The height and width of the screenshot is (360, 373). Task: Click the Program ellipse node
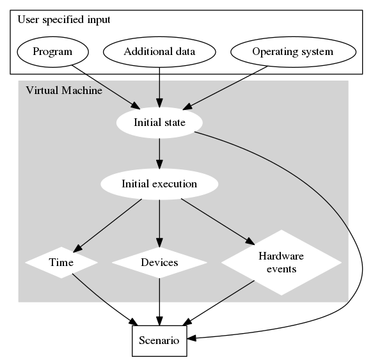click(x=52, y=52)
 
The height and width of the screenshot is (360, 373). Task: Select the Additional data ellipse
click(x=159, y=52)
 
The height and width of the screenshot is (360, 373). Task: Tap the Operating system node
click(x=292, y=52)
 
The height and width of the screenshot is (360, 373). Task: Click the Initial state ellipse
click(x=159, y=123)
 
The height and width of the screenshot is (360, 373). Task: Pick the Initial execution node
click(x=159, y=184)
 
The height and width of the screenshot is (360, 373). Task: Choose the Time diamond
click(x=61, y=262)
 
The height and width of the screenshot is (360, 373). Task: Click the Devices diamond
click(x=159, y=262)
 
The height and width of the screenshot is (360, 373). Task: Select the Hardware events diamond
click(x=281, y=262)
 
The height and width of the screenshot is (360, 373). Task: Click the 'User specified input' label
click(x=63, y=19)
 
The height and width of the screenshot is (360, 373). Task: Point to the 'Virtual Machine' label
click(x=63, y=90)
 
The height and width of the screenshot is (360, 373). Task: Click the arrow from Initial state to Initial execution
click(x=159, y=153)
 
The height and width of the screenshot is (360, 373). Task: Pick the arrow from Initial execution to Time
click(x=109, y=223)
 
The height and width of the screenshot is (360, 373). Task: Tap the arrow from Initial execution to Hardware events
click(x=214, y=221)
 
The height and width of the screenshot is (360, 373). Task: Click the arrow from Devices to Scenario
click(x=159, y=301)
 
